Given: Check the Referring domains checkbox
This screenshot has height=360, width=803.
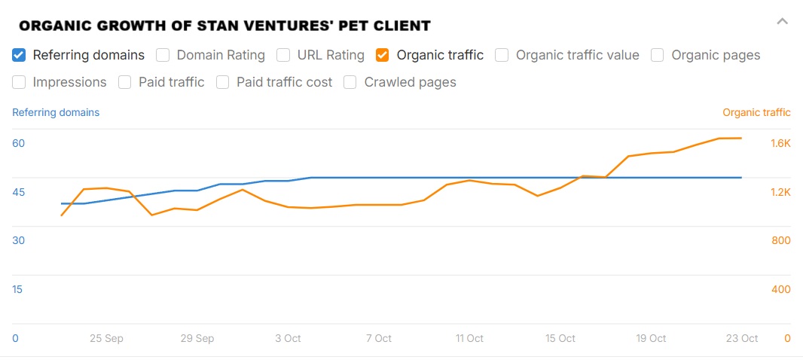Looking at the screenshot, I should coord(20,55).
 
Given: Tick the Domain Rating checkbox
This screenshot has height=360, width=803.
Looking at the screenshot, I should coord(163,55).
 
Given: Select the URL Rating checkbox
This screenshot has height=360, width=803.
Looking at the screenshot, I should coord(283,55).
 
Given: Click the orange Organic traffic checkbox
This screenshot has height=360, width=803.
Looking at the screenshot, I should coord(383,55).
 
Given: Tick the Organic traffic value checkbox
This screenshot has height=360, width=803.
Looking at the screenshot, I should coord(502,55).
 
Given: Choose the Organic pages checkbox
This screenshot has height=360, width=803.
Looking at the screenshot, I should coord(658,55).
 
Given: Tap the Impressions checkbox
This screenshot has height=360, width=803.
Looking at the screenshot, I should coord(20,82).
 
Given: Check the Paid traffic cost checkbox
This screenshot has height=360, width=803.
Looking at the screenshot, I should coord(223,82).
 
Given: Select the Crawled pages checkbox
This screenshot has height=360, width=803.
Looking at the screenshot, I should coord(350,82).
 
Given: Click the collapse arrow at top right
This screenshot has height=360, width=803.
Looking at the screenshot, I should coord(783,21).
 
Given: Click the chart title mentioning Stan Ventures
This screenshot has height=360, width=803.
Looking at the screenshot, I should coord(224,26).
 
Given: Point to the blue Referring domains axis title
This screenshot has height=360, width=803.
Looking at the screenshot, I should coord(56,112).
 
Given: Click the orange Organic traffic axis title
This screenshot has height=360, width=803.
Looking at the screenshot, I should coord(756,112).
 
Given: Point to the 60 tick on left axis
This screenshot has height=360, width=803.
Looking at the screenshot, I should coord(19,143).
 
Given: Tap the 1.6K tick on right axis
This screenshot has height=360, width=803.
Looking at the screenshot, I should coord(780,143).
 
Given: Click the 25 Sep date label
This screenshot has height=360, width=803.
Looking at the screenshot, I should coord(106,338).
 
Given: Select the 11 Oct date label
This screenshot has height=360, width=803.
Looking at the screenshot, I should coord(469,338).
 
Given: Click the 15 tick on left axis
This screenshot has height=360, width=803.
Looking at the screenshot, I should coord(17,289).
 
